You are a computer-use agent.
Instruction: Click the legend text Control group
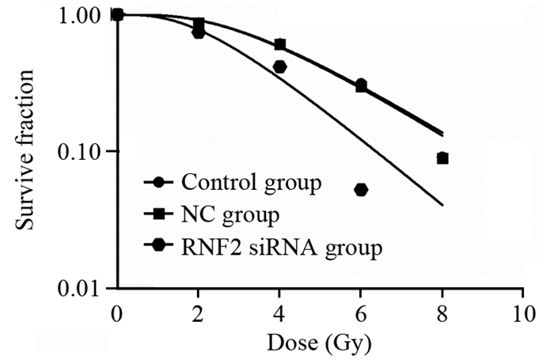(x=251, y=183)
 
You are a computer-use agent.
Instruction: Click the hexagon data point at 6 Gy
(x=361, y=189)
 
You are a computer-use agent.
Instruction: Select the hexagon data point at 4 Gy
(x=279, y=67)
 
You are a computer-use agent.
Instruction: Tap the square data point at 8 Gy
(x=442, y=158)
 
